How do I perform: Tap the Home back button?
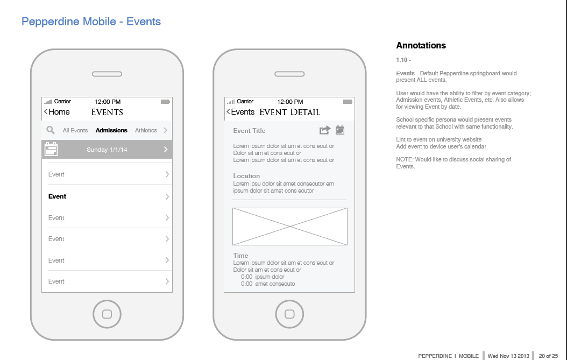[57, 112]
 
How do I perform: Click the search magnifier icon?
[51, 130]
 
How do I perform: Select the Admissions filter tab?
[111, 130]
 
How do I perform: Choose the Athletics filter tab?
[146, 130]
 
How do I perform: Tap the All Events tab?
[75, 130]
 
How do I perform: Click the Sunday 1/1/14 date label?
[107, 150]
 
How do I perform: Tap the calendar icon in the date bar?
[51, 149]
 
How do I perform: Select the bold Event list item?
[57, 196]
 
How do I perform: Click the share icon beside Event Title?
[325, 130]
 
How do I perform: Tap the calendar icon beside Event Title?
[340, 130]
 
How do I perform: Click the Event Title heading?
[249, 131]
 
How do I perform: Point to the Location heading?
[246, 176]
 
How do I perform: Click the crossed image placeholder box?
[289, 227]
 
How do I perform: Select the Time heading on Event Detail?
[240, 256]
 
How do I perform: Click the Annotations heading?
[421, 45]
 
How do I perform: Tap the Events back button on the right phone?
[240, 112]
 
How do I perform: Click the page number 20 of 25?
[548, 356]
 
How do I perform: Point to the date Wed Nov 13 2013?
[508, 356]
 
